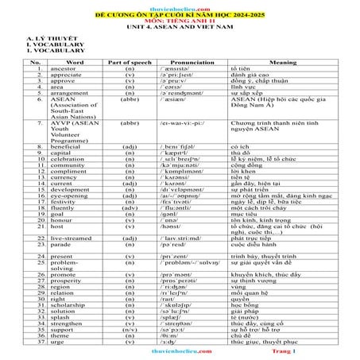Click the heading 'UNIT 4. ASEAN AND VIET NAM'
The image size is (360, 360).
point(180,28)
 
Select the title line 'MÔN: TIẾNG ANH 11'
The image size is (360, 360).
point(180,21)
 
